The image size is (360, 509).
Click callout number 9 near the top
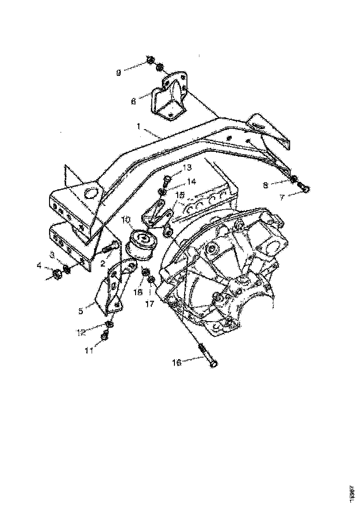(119, 73)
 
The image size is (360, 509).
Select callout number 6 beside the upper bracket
(134, 101)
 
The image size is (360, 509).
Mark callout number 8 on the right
(266, 185)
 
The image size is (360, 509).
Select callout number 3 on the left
(52, 255)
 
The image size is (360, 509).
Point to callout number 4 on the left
(40, 266)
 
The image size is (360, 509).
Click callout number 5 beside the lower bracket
(81, 311)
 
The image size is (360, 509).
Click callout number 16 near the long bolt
(177, 363)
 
